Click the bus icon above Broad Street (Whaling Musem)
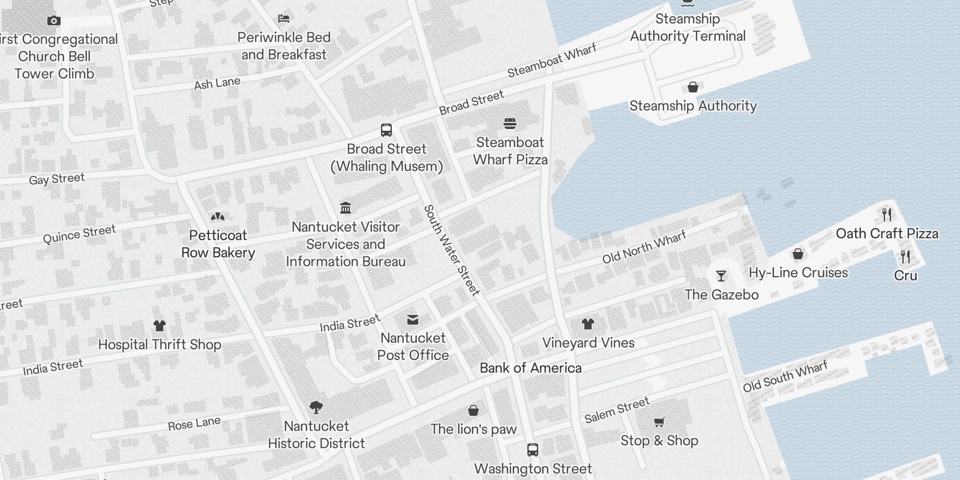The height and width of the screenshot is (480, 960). point(386,130)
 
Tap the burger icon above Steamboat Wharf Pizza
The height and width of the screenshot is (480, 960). point(510,124)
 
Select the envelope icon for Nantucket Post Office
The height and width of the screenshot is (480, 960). point(413,319)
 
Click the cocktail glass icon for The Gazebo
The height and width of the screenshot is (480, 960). point(721,276)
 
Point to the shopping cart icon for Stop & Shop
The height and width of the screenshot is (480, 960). point(659,422)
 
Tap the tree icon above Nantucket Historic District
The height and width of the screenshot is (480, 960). point(316,407)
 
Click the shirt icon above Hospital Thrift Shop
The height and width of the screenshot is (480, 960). point(159,326)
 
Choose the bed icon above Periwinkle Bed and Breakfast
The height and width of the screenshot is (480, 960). point(284,19)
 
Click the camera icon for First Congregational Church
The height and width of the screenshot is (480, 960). point(53,21)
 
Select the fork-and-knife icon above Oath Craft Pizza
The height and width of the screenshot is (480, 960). point(887,214)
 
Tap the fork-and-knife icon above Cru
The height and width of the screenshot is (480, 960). point(905,257)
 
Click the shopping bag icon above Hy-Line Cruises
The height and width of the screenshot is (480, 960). point(797,254)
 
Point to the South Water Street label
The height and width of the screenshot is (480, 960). point(452,250)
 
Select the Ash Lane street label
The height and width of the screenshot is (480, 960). point(217,83)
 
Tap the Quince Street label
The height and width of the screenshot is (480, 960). point(79,234)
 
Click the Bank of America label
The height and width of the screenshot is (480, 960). point(530,368)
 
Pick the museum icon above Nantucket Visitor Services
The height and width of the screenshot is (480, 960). point(346,208)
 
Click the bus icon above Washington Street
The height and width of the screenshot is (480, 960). point(532,449)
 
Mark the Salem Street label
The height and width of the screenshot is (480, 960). point(617,409)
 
